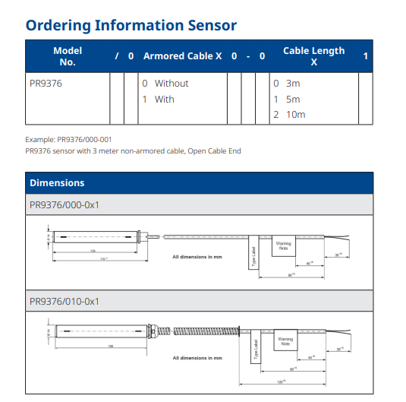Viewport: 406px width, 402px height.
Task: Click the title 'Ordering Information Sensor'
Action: click(x=131, y=24)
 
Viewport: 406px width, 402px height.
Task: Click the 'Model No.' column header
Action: click(x=68, y=55)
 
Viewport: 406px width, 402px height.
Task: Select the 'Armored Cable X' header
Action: click(x=182, y=56)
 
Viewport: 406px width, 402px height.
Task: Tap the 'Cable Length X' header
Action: click(x=313, y=55)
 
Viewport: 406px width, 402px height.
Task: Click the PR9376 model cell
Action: click(x=45, y=84)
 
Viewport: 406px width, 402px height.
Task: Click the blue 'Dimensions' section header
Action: click(x=57, y=183)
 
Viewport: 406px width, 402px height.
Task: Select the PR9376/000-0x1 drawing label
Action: click(x=65, y=204)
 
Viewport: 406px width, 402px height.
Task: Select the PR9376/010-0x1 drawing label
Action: click(x=65, y=302)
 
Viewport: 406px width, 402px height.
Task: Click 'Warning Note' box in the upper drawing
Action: click(x=283, y=246)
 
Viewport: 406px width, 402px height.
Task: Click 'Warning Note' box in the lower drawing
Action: click(x=285, y=340)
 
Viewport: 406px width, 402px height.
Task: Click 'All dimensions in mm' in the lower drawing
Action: click(x=197, y=357)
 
